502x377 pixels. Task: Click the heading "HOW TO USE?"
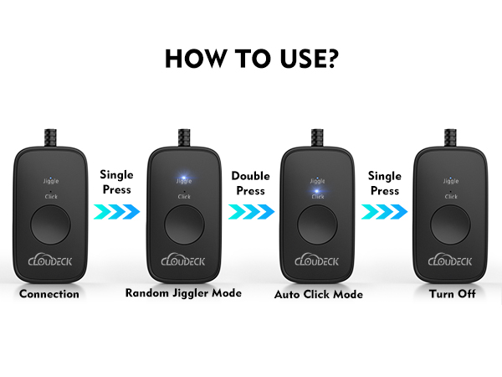point(250,59)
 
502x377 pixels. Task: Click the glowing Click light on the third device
point(316,192)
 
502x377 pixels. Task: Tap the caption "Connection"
point(49,294)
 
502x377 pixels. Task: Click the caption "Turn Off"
point(449,294)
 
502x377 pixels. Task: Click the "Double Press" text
point(250,184)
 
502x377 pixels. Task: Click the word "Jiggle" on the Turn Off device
point(449,180)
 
